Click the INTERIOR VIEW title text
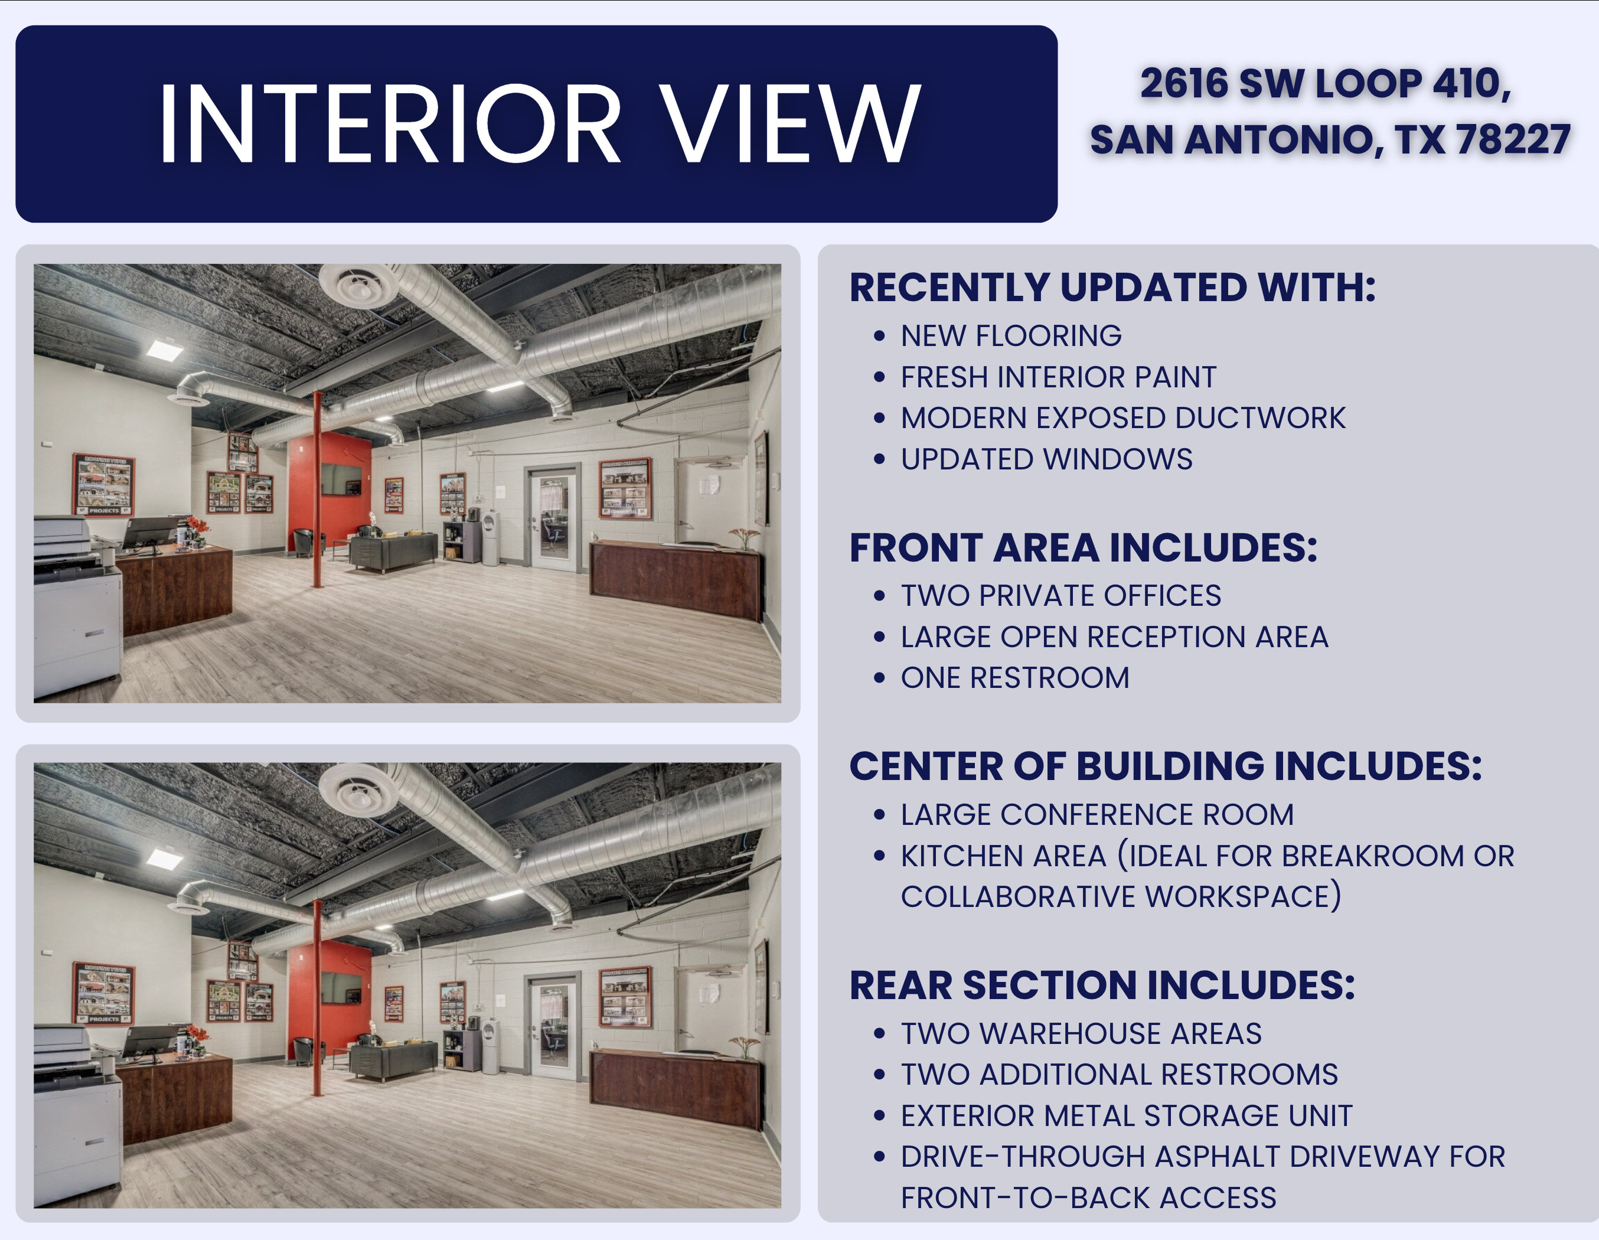539,122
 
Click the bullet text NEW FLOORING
1010,336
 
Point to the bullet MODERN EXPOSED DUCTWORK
1122,418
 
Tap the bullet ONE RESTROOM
1015,678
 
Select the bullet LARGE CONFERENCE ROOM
1097,815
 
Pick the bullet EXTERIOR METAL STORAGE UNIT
1126,1115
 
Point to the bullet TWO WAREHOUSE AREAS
1081,1033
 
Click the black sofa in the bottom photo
393,1060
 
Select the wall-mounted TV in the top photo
341,479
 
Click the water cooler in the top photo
491,537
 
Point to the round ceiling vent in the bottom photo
358,791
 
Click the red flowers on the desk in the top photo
196,526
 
